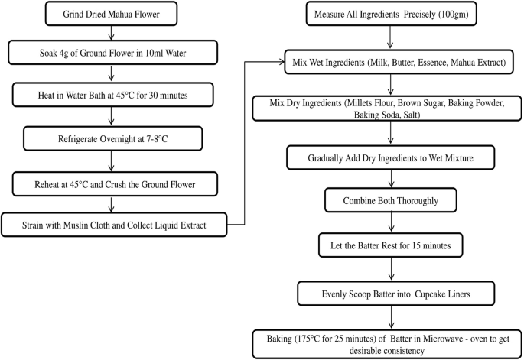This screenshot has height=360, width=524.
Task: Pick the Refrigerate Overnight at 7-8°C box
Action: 112,140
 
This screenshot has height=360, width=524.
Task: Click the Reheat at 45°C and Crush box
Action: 112,183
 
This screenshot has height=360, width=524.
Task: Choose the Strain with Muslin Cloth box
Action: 114,225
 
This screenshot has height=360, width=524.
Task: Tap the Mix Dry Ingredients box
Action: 392,109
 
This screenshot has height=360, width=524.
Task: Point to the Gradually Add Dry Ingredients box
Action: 392,158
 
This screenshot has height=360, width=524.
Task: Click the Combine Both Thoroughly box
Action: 392,201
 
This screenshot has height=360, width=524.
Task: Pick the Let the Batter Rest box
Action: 392,245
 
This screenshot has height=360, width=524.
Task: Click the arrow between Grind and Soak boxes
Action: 112,34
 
